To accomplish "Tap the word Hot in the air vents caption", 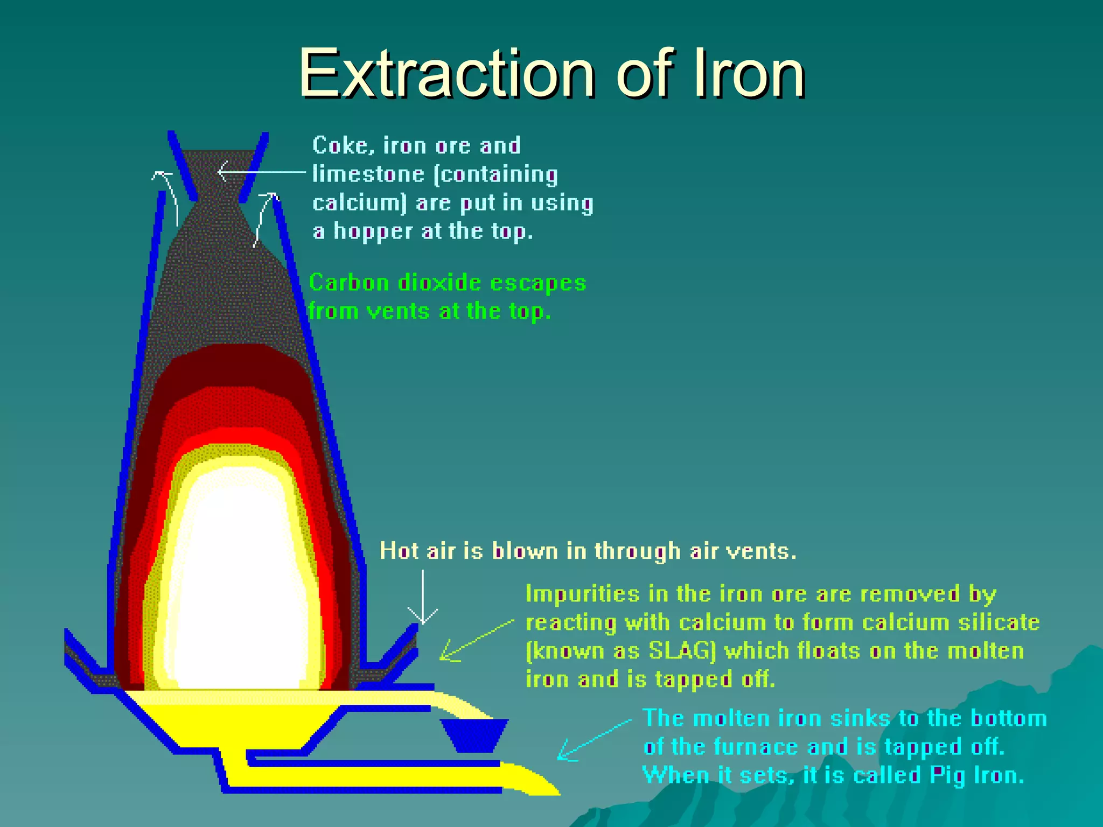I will point(399,551).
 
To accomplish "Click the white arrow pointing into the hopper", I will point(259,172).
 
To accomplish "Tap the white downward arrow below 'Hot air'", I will point(423,598).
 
